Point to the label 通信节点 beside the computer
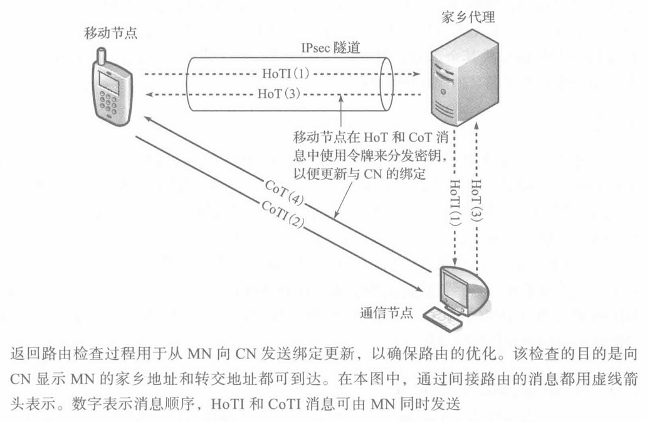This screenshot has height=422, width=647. tap(387, 312)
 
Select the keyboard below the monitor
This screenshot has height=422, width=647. tap(447, 318)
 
